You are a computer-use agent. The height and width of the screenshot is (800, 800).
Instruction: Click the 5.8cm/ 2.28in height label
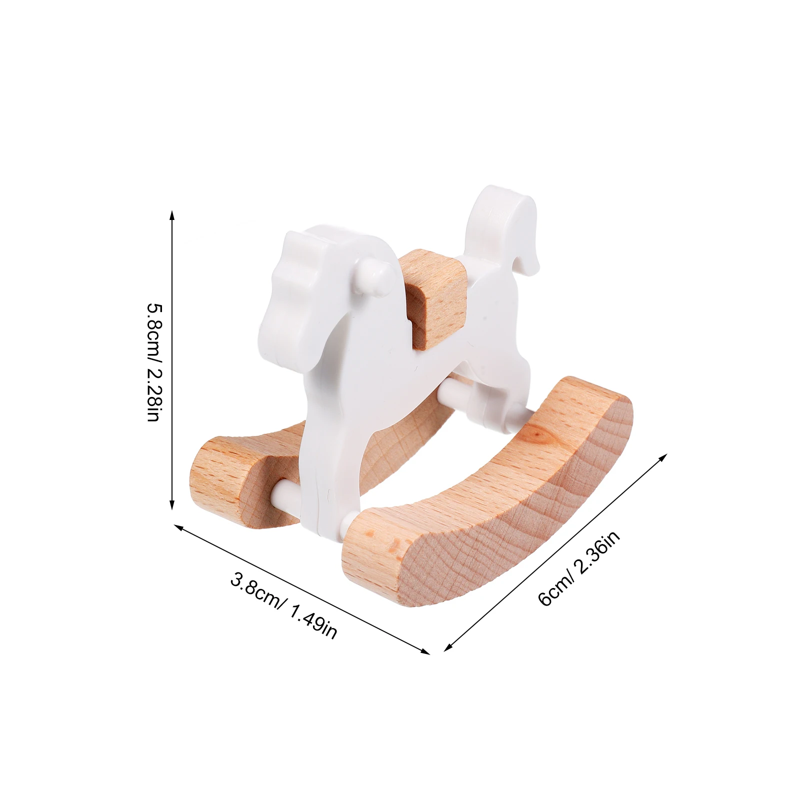153,361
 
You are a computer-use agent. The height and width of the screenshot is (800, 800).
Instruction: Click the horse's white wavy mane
295,280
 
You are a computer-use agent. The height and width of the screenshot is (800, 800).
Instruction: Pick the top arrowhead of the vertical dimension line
172,214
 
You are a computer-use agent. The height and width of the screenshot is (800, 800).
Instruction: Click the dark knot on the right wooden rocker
537,435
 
